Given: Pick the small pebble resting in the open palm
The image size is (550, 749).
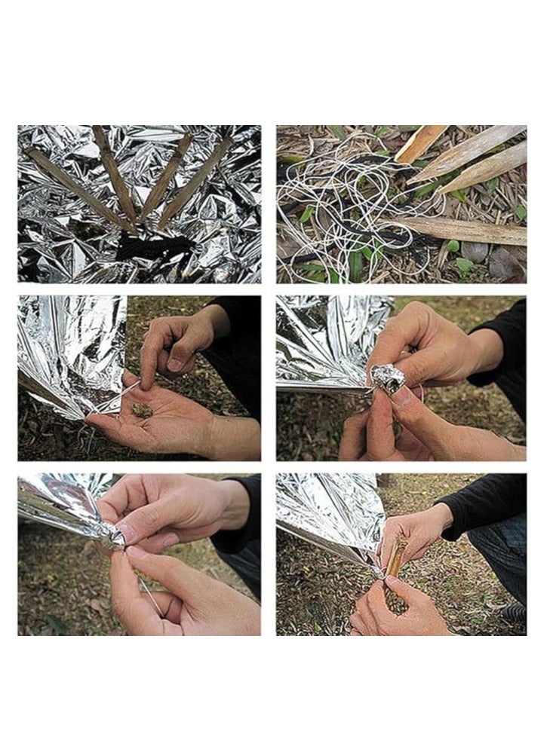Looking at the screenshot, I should (142, 409).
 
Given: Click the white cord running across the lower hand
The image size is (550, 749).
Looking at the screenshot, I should (151, 595).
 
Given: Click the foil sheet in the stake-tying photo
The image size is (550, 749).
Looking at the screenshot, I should (324, 512).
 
